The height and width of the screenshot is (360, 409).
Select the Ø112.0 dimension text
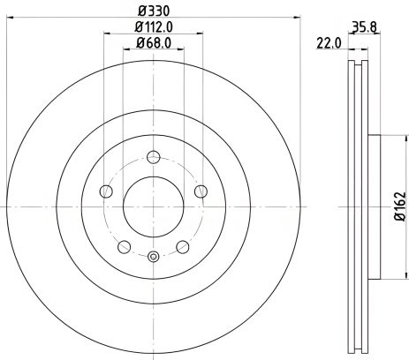[x=153, y=27]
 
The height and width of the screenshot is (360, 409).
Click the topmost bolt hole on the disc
[x=153, y=158]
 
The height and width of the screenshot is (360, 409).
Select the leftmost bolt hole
[x=107, y=191]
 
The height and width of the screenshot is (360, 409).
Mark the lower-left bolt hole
[x=125, y=245]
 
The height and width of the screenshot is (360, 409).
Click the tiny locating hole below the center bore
[x=153, y=258]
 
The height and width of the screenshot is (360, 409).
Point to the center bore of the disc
[x=153, y=206]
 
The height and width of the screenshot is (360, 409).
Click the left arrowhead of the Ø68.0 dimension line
[x=125, y=51]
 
